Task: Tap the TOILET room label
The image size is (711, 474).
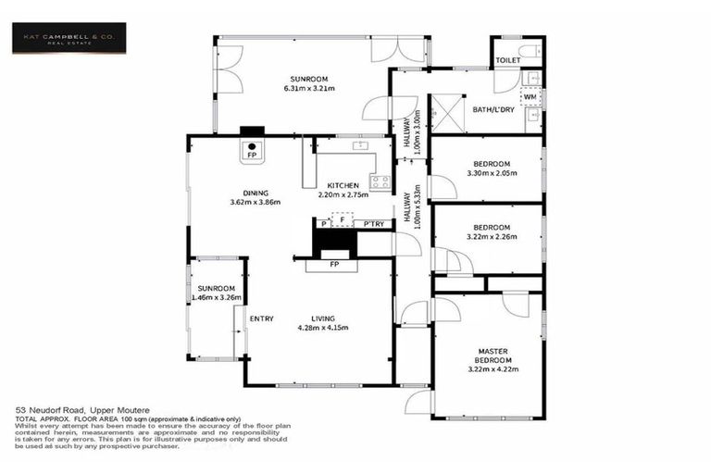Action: coord(508,60)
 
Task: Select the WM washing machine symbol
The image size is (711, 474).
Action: coord(530,96)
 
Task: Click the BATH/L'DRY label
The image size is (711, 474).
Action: coord(493,110)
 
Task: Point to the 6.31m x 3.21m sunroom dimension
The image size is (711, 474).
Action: coord(308,88)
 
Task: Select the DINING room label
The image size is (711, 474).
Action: coord(255,192)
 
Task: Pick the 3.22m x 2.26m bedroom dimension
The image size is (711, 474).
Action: coord(491,236)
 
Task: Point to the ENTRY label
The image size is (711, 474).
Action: coord(261,319)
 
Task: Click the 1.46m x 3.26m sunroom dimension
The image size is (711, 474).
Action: coord(216,298)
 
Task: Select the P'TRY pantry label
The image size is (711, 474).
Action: coord(374,224)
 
